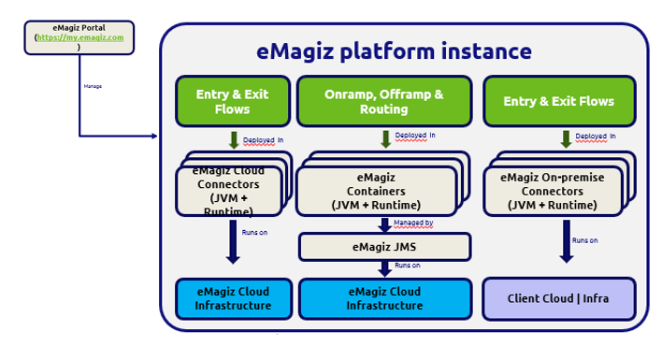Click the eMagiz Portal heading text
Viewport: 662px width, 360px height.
point(79,28)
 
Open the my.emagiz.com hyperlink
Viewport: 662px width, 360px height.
point(80,37)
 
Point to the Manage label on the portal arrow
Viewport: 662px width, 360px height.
point(93,86)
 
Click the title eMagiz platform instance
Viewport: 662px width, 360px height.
point(394,51)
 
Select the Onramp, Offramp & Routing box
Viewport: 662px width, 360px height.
point(384,102)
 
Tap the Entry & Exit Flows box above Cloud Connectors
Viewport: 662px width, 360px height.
point(232,102)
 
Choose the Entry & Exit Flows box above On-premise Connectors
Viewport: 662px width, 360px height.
point(558,102)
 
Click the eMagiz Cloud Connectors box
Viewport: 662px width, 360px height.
point(229,191)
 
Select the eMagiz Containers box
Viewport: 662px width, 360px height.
point(376,191)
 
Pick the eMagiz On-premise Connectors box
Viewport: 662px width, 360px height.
point(553,191)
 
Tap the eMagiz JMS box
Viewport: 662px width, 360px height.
point(384,247)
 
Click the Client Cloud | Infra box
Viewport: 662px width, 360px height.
point(558,299)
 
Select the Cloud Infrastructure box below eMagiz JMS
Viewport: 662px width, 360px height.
point(384,299)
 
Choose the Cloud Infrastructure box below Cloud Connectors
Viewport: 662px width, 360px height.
point(234,299)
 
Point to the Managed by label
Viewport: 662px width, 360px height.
point(412,223)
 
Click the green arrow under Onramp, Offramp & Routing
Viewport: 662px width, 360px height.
point(385,139)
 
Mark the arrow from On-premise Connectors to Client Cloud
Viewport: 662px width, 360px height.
point(566,240)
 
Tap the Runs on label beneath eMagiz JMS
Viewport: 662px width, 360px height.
point(408,266)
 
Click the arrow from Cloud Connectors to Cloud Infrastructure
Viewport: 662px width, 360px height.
point(233,240)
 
